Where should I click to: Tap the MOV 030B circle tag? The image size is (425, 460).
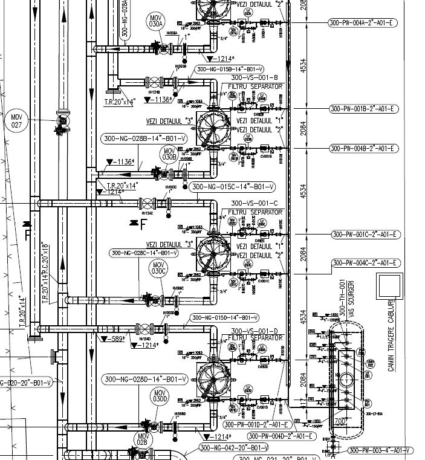tap(168, 155)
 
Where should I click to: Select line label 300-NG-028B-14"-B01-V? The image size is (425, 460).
tap(144, 138)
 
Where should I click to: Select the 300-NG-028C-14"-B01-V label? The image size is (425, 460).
tap(144, 253)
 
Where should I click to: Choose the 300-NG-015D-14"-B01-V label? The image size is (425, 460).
tap(224, 317)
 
